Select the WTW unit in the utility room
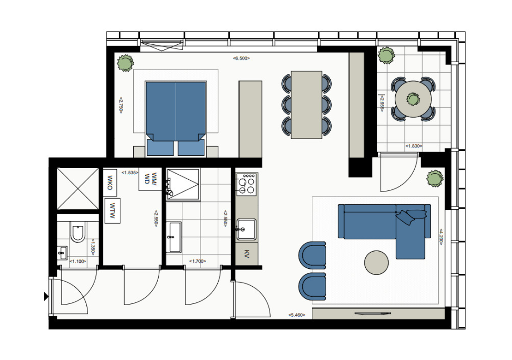pyautogui.click(x=113, y=211)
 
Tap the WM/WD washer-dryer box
pyautogui.click(x=150, y=179)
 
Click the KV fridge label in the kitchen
pyautogui.click(x=247, y=254)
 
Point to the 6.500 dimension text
pyautogui.click(x=241, y=59)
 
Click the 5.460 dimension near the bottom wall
pyautogui.click(x=297, y=315)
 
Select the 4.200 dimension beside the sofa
pyautogui.click(x=441, y=236)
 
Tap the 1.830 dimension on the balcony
pyautogui.click(x=414, y=146)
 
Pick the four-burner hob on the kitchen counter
pyautogui.click(x=247, y=185)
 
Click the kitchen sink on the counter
pyautogui.click(x=246, y=230)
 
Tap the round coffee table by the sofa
pyautogui.click(x=376, y=262)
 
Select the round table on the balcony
pyautogui.click(x=413, y=99)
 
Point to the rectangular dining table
pyautogui.click(x=307, y=105)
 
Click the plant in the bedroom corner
pyautogui.click(x=125, y=63)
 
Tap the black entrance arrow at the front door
pyautogui.click(x=47, y=296)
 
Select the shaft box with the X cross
pyautogui.click(x=77, y=189)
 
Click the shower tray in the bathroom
pyautogui.click(x=183, y=184)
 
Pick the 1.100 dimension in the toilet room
pyautogui.click(x=77, y=261)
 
